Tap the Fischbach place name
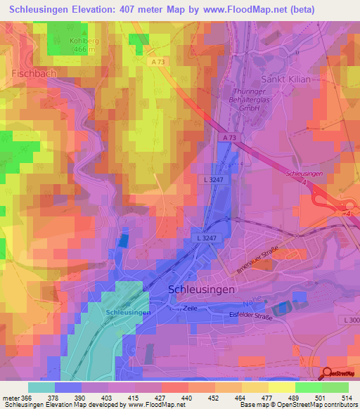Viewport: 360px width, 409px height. tap(34, 73)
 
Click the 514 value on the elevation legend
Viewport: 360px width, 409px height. tap(346, 398)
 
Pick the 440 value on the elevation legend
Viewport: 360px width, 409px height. tap(186, 398)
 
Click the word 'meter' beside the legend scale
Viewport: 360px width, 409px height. tap(11, 398)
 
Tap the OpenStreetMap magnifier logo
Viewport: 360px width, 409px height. tap(328, 373)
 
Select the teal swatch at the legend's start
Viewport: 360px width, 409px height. tap(41, 387)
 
